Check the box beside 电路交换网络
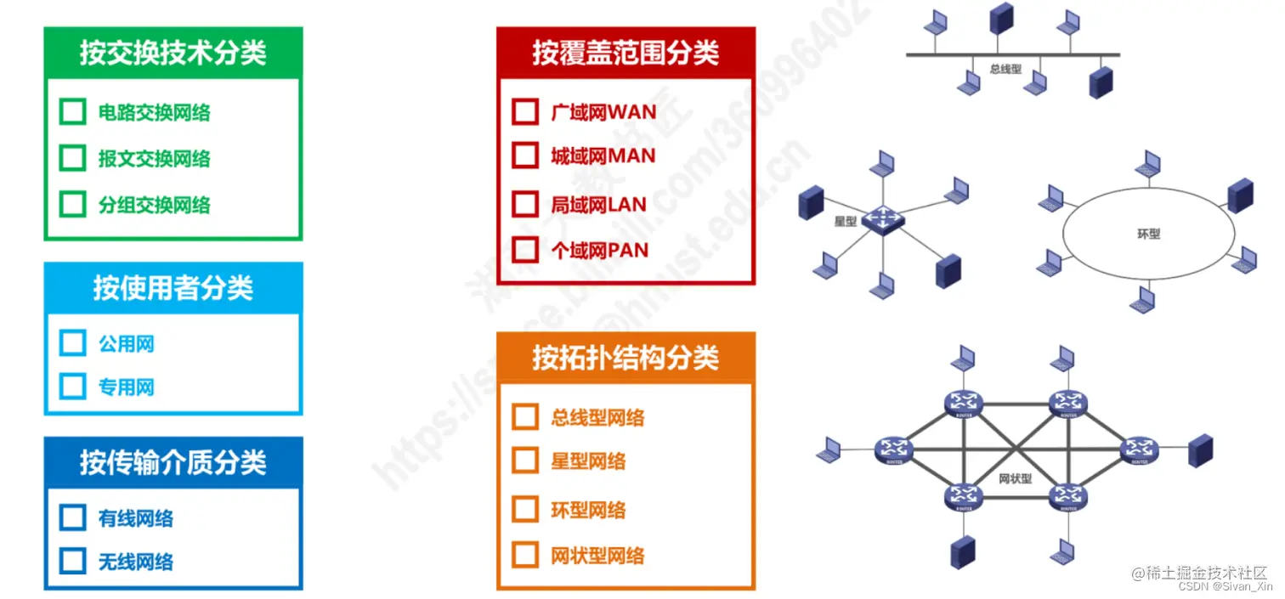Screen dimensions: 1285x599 (73, 112)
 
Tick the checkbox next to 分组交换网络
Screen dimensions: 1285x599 (73, 204)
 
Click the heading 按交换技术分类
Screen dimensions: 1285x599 (173, 53)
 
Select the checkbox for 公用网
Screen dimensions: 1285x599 (73, 343)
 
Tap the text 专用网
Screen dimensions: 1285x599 (127, 387)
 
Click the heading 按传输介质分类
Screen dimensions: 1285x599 (173, 462)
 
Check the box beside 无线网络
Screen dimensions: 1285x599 (73, 561)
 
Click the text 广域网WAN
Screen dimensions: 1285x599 (603, 112)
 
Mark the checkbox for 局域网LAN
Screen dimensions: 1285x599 (526, 204)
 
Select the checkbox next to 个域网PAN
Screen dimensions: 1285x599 (526, 250)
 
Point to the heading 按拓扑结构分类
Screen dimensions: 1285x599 (626, 358)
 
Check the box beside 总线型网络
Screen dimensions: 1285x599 (526, 417)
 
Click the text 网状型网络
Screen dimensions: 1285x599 (597, 556)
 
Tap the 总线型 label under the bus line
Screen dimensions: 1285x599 (1006, 69)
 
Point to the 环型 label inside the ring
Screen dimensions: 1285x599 (1148, 233)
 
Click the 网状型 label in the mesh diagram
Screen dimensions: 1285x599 (1016, 478)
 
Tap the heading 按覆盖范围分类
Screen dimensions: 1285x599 (626, 53)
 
